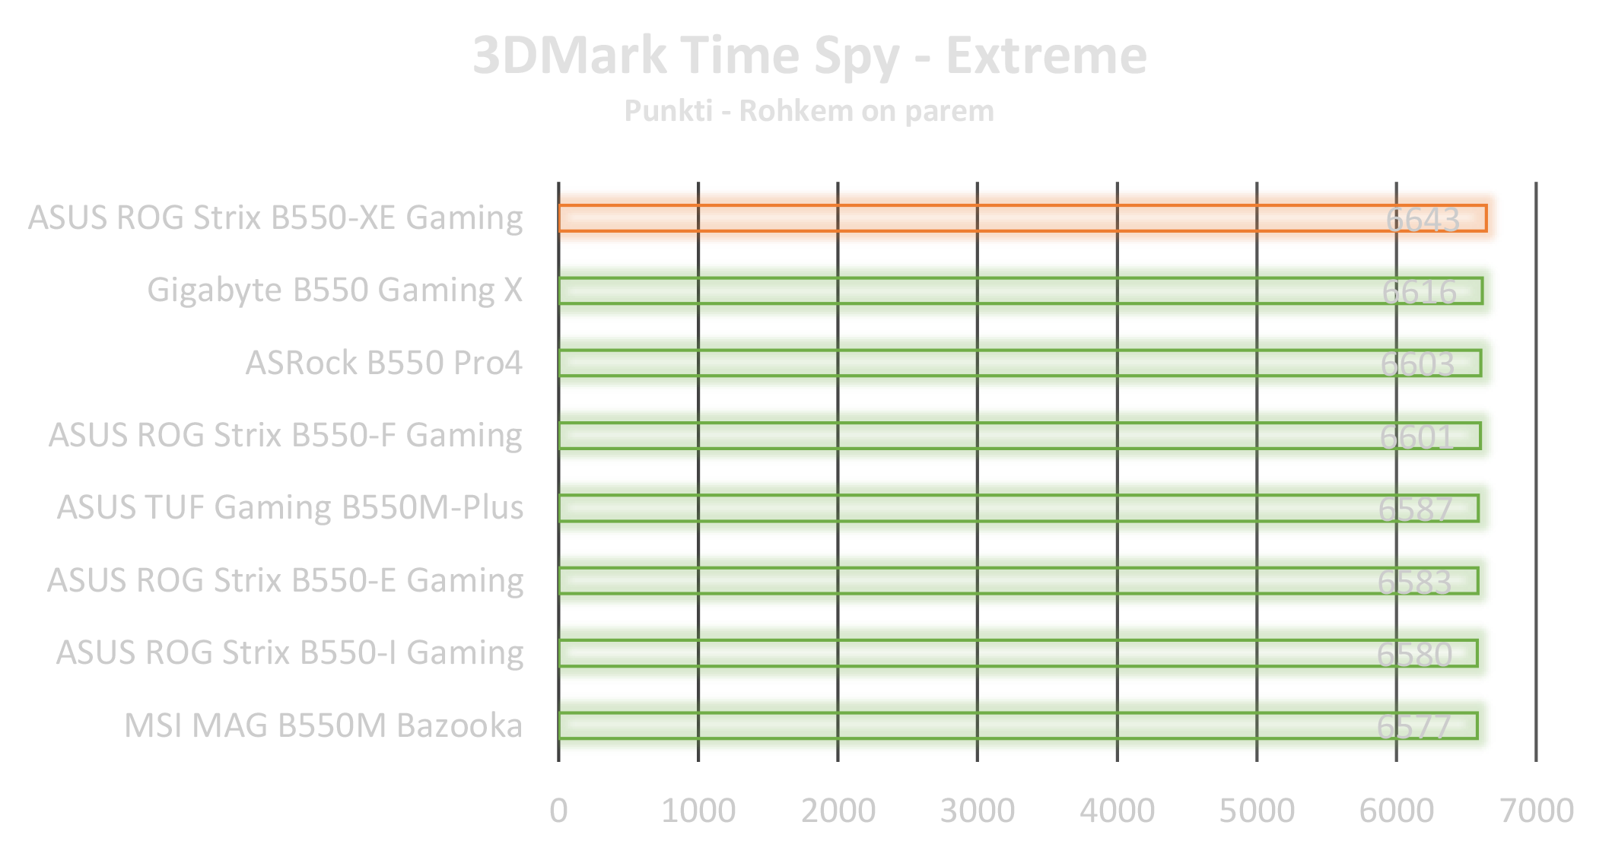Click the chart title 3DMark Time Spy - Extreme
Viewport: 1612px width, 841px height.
pos(809,56)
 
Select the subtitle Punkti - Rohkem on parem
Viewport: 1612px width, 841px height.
pos(809,112)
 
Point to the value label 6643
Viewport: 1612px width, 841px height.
pos(1422,220)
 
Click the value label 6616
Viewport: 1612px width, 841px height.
pos(1419,292)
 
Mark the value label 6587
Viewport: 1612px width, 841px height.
pos(1415,509)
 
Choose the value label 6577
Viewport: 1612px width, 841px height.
pos(1413,727)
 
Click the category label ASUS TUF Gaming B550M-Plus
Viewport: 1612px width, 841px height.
pos(290,508)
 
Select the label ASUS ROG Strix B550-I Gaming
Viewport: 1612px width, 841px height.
pos(290,653)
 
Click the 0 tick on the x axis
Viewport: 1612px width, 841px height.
pos(558,811)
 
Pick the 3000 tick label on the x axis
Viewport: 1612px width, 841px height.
pos(978,811)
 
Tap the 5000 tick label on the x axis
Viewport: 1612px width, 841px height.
pos(1257,811)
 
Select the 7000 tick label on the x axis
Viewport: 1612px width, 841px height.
pos(1536,811)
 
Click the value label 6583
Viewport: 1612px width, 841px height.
pos(1414,582)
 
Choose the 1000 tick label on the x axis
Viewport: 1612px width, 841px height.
pos(698,811)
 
